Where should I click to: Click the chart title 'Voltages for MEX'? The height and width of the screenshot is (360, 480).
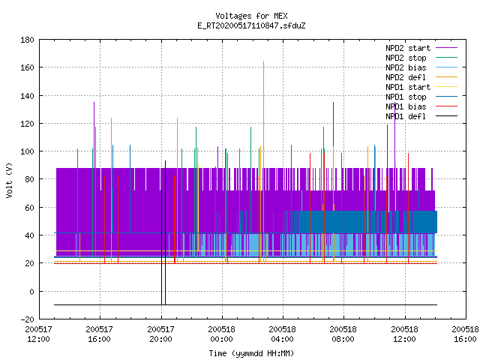pyautogui.click(x=251, y=16)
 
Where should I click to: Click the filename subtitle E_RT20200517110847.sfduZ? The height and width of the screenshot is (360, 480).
pyautogui.click(x=251, y=25)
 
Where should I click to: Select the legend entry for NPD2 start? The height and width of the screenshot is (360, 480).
pyautogui.click(x=408, y=48)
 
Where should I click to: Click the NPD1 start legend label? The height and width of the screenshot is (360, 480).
pyautogui.click(x=408, y=87)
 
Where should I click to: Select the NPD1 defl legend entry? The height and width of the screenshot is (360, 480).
pyautogui.click(x=406, y=116)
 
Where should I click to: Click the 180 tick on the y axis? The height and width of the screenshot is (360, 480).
pyautogui.click(x=27, y=40)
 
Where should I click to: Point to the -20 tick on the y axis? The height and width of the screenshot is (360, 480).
pyautogui.click(x=27, y=319)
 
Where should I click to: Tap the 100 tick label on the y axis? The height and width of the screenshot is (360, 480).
pyautogui.click(x=27, y=151)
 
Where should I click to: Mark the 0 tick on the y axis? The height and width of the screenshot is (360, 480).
pyautogui.click(x=31, y=292)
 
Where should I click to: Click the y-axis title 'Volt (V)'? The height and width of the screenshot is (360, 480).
pyautogui.click(x=9, y=180)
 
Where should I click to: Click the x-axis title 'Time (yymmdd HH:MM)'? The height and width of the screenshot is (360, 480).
pyautogui.click(x=251, y=353)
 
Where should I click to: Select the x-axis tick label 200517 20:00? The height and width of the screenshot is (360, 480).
pyautogui.click(x=160, y=334)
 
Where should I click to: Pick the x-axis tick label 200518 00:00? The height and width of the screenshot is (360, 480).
pyautogui.click(x=222, y=334)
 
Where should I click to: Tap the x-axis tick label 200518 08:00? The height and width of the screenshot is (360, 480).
pyautogui.click(x=343, y=334)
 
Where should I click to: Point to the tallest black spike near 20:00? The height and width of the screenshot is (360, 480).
pyautogui.click(x=165, y=232)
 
